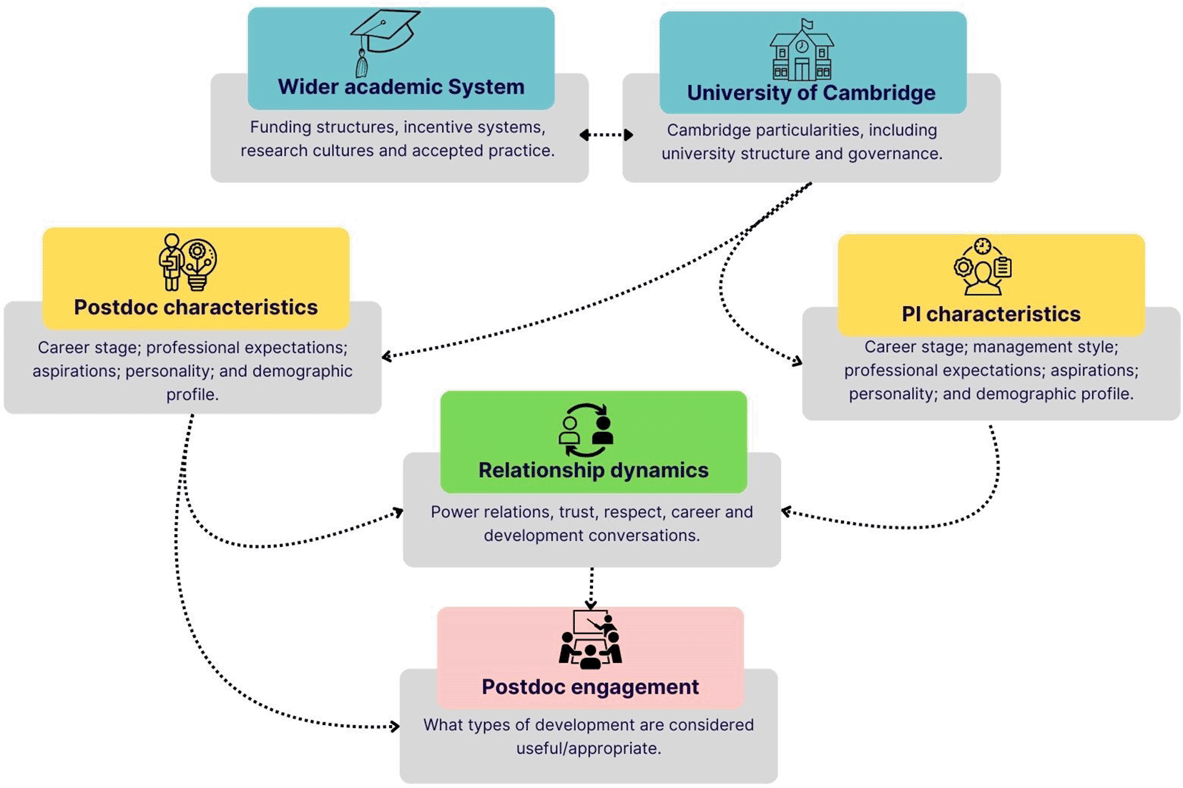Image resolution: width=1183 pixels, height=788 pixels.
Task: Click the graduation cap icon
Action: [x=383, y=41]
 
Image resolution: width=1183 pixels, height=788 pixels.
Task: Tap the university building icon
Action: [x=801, y=50]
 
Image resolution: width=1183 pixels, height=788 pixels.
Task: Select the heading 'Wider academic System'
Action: [x=401, y=87]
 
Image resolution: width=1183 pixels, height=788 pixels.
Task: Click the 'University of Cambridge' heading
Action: [x=811, y=93]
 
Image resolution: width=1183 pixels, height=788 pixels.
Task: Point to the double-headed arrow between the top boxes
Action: [x=606, y=134]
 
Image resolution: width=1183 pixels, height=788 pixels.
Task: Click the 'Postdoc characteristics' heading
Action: [x=195, y=307]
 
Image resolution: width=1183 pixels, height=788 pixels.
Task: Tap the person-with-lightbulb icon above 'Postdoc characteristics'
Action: [x=187, y=262]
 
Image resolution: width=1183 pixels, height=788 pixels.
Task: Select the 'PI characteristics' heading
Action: [x=991, y=314]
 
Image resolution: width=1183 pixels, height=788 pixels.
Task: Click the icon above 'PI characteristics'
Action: [x=983, y=267]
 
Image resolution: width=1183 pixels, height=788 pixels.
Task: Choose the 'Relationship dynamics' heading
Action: [x=593, y=470]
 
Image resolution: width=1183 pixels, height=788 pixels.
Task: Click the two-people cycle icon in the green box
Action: [x=586, y=430]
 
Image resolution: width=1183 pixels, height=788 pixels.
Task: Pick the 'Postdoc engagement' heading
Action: [x=590, y=686]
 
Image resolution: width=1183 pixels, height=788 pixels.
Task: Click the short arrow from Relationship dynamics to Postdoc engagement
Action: [x=591, y=588]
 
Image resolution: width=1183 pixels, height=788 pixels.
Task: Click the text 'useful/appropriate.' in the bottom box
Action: [x=588, y=748]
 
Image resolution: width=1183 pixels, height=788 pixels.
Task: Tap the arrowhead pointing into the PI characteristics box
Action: [x=796, y=362]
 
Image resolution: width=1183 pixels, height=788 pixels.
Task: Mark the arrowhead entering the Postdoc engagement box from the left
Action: [x=394, y=727]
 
